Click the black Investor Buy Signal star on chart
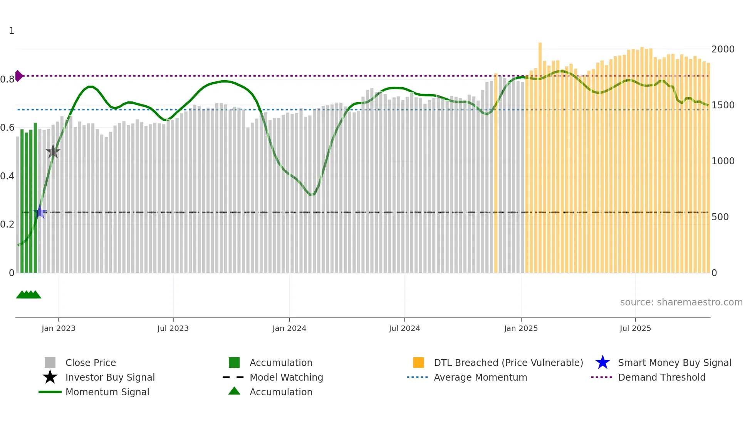coord(53,152)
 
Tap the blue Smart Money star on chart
coord(40,212)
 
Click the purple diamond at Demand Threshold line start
coord(18,76)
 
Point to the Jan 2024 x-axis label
coord(289,329)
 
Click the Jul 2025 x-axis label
coord(635,329)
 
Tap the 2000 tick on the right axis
coord(723,49)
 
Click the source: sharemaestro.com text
coord(681,302)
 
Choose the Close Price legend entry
coord(91,363)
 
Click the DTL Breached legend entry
coord(508,363)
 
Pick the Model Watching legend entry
coord(286,378)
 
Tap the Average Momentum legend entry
coord(480,378)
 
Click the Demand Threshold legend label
coord(661,378)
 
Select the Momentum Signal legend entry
coord(107,392)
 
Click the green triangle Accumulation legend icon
coord(234,391)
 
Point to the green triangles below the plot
coord(29,295)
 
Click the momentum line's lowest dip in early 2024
coord(311,195)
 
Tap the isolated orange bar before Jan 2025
coord(496,174)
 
